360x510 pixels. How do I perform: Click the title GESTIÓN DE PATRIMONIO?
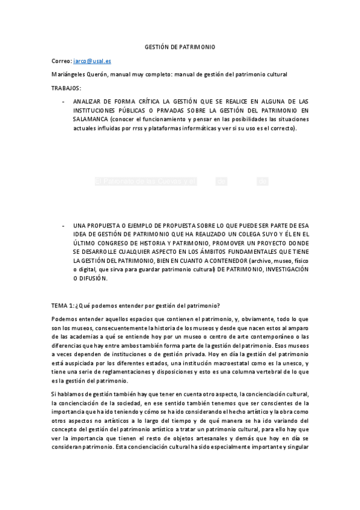[x=180, y=46]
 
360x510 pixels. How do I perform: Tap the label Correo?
[x=62, y=61]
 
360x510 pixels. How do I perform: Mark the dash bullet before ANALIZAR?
[x=64, y=102]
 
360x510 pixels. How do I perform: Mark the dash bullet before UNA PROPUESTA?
[x=64, y=225]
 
